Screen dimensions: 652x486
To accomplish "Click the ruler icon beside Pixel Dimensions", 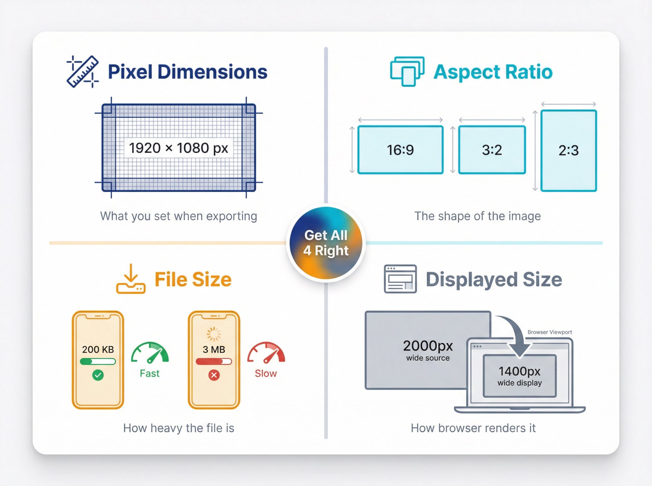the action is click(82, 72).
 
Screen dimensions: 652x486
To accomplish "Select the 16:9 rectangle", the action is click(400, 150).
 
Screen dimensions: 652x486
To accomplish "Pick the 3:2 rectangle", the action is click(492, 150).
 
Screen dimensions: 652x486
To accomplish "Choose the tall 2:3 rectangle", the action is click(569, 150).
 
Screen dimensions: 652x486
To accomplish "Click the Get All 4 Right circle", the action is click(326, 243).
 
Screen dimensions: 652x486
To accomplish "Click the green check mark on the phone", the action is click(98, 375).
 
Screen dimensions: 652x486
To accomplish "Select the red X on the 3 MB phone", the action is click(214, 375).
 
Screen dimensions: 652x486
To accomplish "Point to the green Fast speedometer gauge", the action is click(150, 353).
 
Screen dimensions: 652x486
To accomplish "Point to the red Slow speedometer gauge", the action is click(266, 353).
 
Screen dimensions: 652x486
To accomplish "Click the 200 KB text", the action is click(98, 349).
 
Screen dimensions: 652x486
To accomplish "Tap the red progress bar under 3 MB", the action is click(214, 361).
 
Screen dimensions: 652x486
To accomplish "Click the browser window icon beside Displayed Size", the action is click(400, 279).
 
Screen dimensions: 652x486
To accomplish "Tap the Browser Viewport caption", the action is click(550, 332).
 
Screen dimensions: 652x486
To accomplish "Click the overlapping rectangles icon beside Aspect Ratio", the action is click(407, 71).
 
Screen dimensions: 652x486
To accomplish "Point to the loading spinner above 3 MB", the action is click(214, 334).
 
